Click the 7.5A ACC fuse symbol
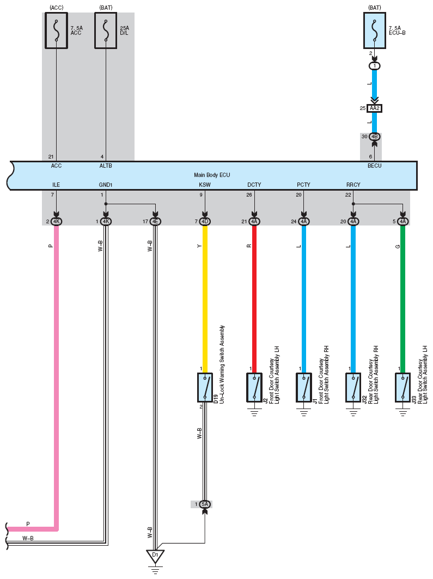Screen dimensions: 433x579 pyautogui.click(x=56, y=31)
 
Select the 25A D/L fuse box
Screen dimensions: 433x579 pyautogui.click(x=106, y=31)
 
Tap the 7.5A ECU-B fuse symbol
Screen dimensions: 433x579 pyautogui.click(x=375, y=31)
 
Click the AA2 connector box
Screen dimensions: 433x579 pyautogui.click(x=375, y=108)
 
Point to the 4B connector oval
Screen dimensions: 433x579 pyautogui.click(x=375, y=137)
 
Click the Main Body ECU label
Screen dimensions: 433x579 pyautogui.click(x=212, y=175)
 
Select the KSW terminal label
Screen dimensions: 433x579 pyautogui.click(x=205, y=185)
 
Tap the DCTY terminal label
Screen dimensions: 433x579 pyautogui.click(x=254, y=185)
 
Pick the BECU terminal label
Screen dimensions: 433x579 pyautogui.click(x=374, y=166)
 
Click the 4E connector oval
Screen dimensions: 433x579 pyautogui.click(x=155, y=222)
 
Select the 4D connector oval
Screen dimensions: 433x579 pyautogui.click(x=205, y=222)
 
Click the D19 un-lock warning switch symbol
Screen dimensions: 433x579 pyautogui.click(x=205, y=387)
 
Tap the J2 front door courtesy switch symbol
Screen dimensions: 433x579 pyautogui.click(x=254, y=387)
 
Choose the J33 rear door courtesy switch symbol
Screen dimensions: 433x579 pyautogui.click(x=402, y=387)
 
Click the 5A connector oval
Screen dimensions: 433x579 pyautogui.click(x=205, y=504)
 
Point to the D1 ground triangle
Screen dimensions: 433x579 pyautogui.click(x=155, y=556)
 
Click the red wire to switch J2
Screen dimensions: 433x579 pyautogui.click(x=254, y=299)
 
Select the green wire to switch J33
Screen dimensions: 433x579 pyautogui.click(x=402, y=299)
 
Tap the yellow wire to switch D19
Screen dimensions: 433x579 pyautogui.click(x=205, y=299)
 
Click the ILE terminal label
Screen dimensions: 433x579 pyautogui.click(x=56, y=185)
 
